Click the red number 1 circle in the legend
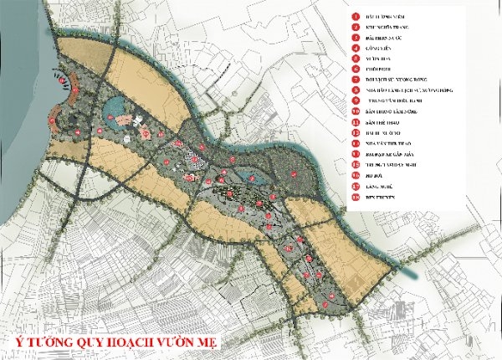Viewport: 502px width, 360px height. click(x=354, y=17)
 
